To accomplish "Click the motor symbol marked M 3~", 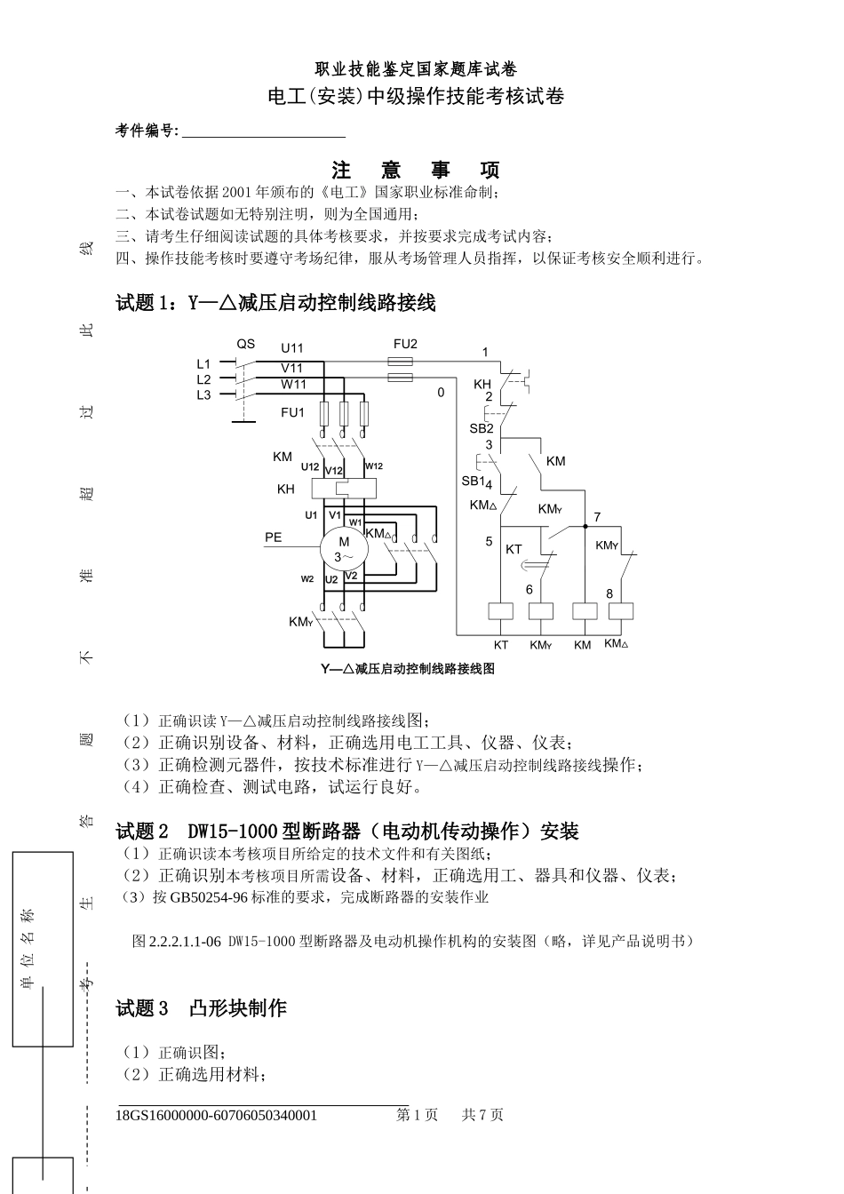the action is [344, 547].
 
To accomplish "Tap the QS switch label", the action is [245, 344].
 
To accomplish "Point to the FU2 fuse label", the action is [405, 344].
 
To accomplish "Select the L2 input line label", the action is [203, 379].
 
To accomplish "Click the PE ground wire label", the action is [273, 537].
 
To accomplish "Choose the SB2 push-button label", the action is [482, 428].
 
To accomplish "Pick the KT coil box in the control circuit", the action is [501, 610].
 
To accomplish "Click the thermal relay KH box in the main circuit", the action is [344, 489].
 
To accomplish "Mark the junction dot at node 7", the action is [585, 526].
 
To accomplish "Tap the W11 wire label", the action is [293, 384].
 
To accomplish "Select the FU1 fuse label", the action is [292, 412].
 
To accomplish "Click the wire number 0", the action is [441, 391].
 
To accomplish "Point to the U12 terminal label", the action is [309, 466].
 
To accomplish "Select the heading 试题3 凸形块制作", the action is [202, 1008].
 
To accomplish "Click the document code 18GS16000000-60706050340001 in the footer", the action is [217, 1115].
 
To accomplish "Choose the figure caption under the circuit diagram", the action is [408, 669].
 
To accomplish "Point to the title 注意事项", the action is [415, 170].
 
